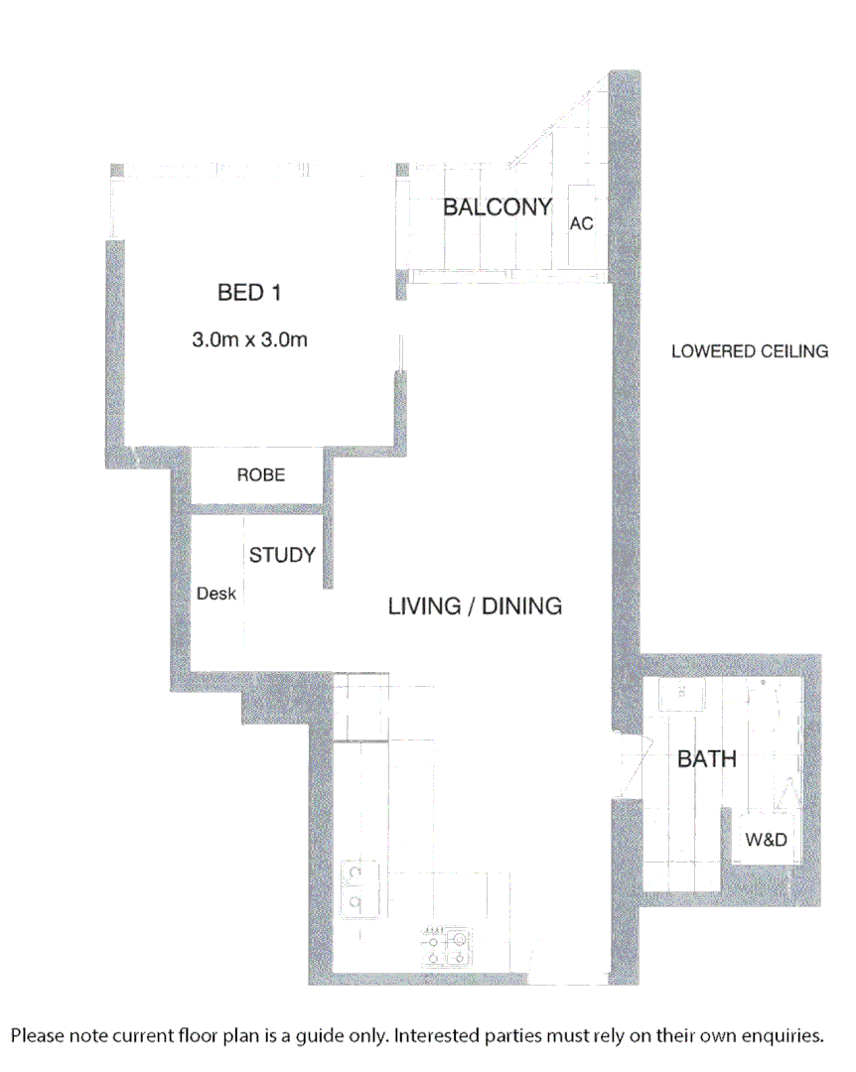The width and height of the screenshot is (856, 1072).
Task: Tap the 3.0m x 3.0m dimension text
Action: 249,340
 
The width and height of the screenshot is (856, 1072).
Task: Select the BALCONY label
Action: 497,207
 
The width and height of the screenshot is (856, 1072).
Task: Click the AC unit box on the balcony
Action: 581,224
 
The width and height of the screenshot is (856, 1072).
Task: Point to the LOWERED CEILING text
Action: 750,351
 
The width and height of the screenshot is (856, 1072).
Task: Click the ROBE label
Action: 260,475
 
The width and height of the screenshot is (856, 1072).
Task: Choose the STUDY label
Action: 282,555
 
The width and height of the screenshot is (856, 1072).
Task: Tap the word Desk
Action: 216,594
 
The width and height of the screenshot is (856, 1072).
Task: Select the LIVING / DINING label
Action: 475,605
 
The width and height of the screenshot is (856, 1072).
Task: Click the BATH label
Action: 707,759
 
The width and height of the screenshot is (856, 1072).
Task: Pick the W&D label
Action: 766,840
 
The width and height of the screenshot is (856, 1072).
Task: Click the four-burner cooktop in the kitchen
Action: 448,947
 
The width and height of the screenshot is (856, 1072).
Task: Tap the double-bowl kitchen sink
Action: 355,886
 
